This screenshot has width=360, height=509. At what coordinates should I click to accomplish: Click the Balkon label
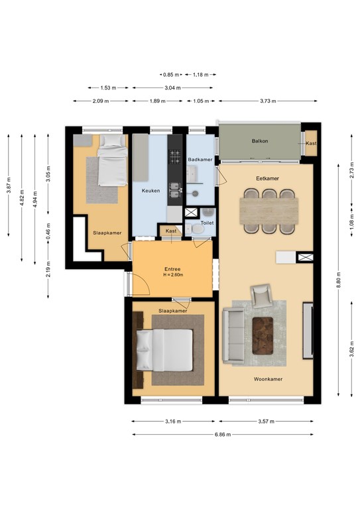(x=260, y=141)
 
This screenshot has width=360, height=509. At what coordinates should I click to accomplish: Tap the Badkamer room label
(x=200, y=159)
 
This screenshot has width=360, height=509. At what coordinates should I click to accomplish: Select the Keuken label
(x=150, y=191)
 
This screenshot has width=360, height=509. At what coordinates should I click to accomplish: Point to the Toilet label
(x=207, y=223)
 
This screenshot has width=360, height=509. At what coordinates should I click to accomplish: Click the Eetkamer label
(x=267, y=178)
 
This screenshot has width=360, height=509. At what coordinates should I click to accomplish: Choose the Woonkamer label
(x=268, y=379)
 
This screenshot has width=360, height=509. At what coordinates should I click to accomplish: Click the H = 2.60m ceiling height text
(x=173, y=274)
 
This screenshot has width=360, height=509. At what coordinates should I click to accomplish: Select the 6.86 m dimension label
(x=223, y=434)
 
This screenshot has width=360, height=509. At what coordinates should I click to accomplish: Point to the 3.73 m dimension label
(x=268, y=101)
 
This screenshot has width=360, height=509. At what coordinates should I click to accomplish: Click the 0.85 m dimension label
(x=171, y=75)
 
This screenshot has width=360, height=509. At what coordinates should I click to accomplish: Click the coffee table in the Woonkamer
(x=263, y=335)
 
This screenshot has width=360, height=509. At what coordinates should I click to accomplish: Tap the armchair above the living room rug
(x=261, y=296)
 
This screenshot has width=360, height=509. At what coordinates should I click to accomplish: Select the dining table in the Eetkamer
(x=269, y=211)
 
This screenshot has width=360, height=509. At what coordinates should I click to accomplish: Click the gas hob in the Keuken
(x=174, y=156)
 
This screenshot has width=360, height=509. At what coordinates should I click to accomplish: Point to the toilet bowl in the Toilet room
(x=197, y=229)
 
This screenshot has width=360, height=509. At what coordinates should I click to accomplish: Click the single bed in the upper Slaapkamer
(x=113, y=160)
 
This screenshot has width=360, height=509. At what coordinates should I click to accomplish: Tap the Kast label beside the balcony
(x=311, y=143)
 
